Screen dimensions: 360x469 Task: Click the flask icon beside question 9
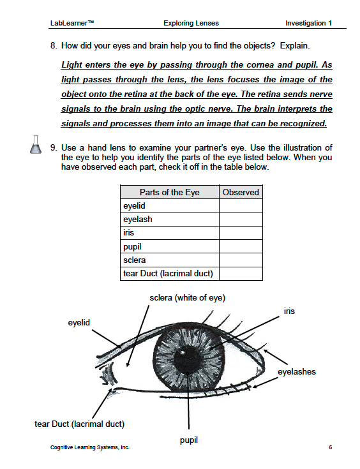(36, 145)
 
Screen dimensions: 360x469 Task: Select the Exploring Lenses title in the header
(191, 23)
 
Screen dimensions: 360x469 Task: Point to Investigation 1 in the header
(308, 23)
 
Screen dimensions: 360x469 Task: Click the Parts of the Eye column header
(170, 192)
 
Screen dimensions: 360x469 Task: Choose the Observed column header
(241, 192)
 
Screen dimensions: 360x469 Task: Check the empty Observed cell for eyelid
(241, 205)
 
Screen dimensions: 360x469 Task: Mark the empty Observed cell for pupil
(241, 246)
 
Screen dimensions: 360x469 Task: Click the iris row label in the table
(129, 232)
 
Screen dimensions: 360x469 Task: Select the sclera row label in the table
(135, 260)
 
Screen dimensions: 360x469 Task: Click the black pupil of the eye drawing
(186, 359)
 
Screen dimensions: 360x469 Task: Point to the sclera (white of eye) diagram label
(187, 297)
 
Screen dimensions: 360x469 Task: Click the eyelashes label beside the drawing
(297, 372)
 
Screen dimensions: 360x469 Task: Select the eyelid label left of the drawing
(79, 322)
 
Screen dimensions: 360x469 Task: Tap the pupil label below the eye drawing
(189, 440)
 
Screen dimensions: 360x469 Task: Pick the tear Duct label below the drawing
(79, 424)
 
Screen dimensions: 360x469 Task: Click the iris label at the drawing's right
(289, 311)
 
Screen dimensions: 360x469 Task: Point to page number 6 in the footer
(331, 447)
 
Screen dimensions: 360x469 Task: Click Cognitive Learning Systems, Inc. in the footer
(90, 447)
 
